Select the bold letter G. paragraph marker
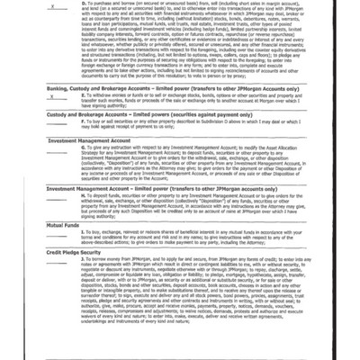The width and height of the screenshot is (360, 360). coord(72,170)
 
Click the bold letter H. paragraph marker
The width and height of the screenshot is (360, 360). coord(72,211)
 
